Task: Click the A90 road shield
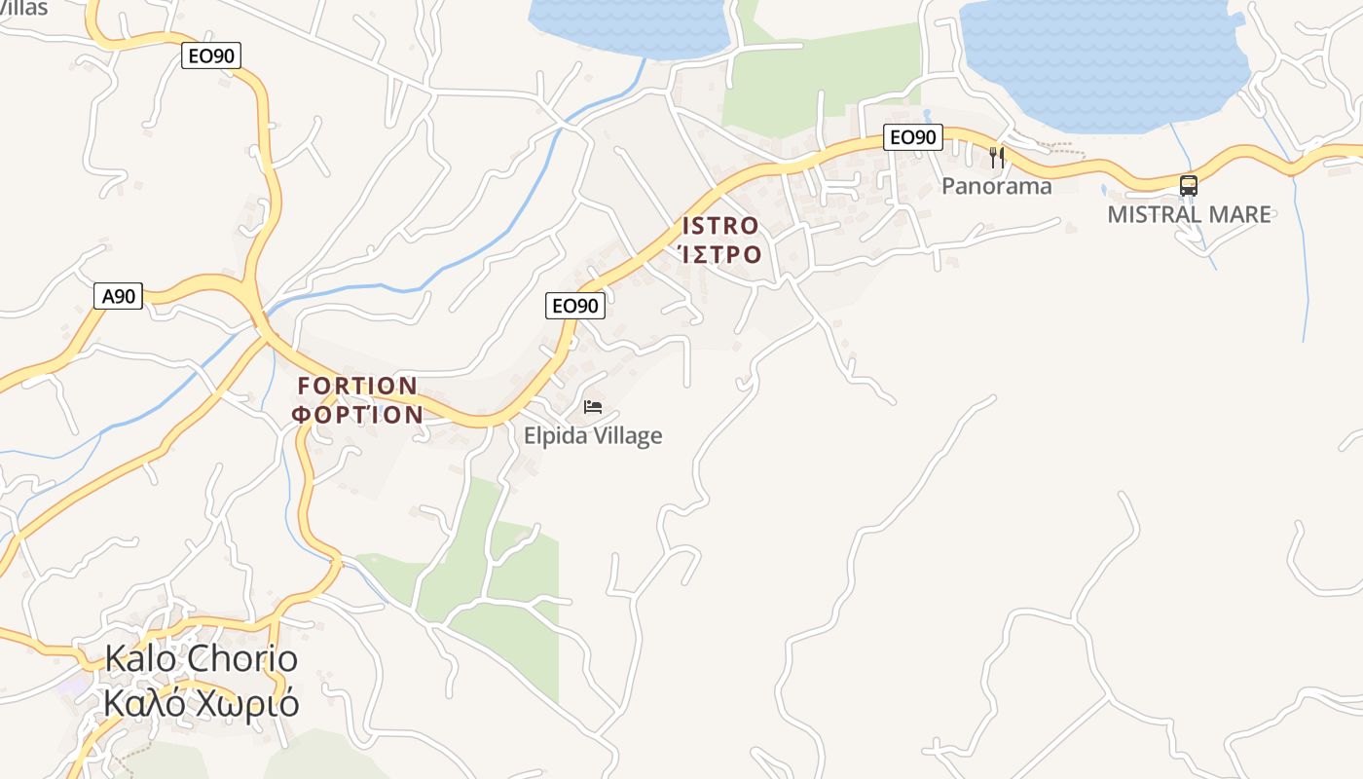tap(118, 296)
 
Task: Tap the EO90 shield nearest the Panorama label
tap(913, 137)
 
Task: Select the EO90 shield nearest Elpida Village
tap(574, 306)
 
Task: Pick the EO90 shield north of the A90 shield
tap(210, 56)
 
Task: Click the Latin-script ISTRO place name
tap(720, 226)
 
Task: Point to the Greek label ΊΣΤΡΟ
tap(719, 254)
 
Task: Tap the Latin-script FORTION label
tap(357, 387)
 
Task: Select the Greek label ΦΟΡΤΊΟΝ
tap(358, 415)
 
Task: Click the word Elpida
tap(557, 435)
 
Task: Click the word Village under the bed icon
tap(628, 435)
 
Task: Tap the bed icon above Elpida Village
tap(592, 406)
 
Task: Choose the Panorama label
tap(996, 186)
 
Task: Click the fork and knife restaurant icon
tap(996, 157)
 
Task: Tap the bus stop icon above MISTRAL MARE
tap(1188, 185)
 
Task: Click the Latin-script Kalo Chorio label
tap(201, 659)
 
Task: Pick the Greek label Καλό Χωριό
tap(201, 703)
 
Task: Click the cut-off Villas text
tap(24, 8)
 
